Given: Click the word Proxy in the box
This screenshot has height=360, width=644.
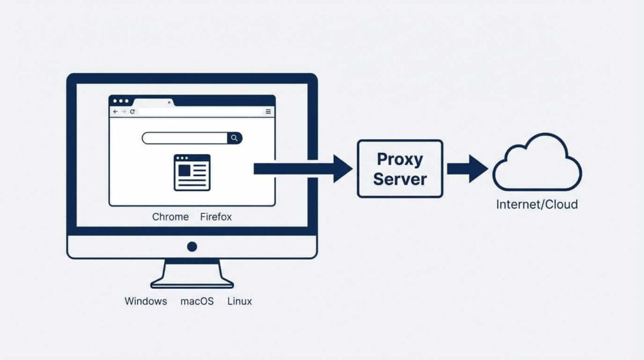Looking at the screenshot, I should point(399,159).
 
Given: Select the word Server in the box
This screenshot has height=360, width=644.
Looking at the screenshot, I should point(399,179).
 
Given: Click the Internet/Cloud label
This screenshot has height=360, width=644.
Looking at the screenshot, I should point(536,205).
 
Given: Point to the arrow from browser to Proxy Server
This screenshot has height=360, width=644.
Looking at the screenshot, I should point(303,169).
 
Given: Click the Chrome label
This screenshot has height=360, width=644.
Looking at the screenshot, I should point(170,217).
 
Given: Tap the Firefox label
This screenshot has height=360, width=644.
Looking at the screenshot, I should point(216,217).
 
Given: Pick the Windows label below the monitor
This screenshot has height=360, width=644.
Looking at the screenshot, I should point(146,301).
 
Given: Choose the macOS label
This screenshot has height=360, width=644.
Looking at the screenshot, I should point(197,301).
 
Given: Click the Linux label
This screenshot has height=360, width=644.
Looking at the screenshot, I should point(240,301).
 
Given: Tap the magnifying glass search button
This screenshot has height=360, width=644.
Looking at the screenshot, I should point(235,138).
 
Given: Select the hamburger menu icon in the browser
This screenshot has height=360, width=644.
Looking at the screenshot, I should point(268,111).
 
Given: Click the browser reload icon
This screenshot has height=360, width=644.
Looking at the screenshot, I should point(133,111).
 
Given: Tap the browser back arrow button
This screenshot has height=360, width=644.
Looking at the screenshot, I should point(115,111).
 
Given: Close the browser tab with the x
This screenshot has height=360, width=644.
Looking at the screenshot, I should point(169,102).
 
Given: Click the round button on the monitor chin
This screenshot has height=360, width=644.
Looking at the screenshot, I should point(192,247).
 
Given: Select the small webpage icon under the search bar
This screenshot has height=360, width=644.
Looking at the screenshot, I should point(192,172).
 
